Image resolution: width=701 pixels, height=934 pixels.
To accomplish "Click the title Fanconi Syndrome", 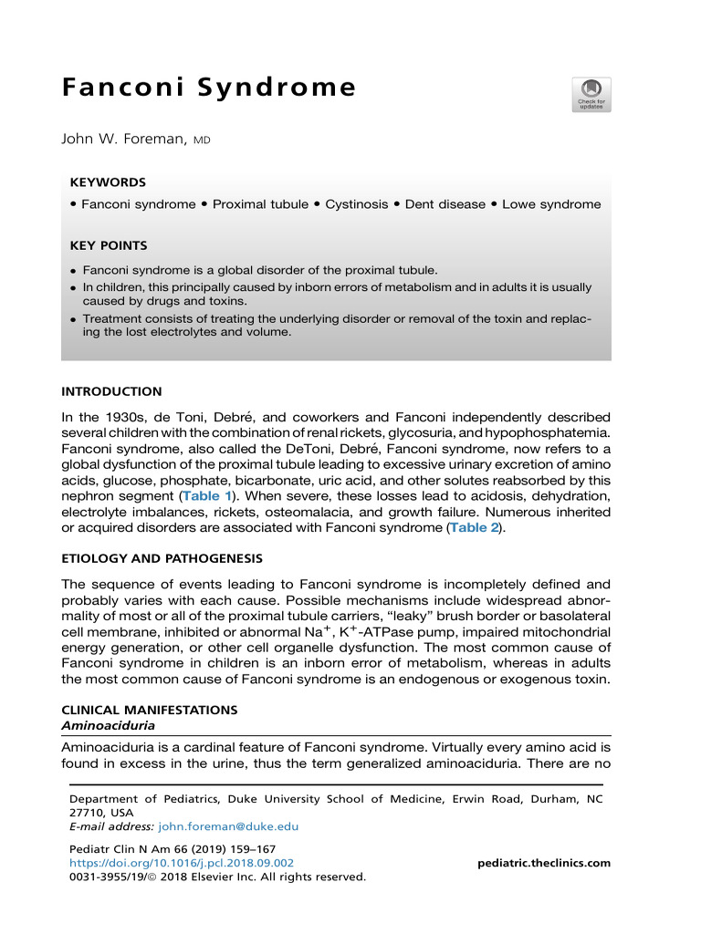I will (209, 88).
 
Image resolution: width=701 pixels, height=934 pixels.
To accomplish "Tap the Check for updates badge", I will (591, 94).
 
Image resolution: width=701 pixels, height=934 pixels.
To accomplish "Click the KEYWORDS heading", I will (108, 182).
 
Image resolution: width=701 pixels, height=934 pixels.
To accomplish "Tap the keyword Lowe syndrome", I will (551, 204).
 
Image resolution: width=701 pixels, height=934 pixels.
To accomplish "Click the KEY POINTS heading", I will (109, 245).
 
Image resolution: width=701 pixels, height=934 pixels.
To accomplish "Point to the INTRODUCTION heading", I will (111, 391).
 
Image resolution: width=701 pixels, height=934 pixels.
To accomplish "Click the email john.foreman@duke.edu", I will (228, 826).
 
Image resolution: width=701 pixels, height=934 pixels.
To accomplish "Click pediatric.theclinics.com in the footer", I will (544, 863).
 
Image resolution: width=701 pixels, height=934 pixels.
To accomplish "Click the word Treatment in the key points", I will (114, 318).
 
